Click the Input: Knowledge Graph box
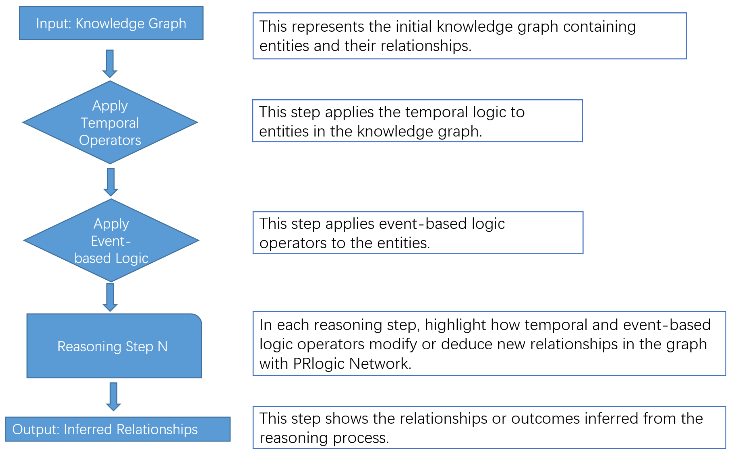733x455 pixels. (111, 23)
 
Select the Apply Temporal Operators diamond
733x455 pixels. (110, 122)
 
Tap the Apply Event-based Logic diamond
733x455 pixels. (111, 241)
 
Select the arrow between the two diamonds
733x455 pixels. (111, 182)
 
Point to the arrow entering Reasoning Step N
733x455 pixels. (110, 297)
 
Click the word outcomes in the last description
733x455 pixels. (545, 419)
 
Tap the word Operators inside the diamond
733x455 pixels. (110, 141)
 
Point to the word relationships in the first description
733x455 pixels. (426, 46)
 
